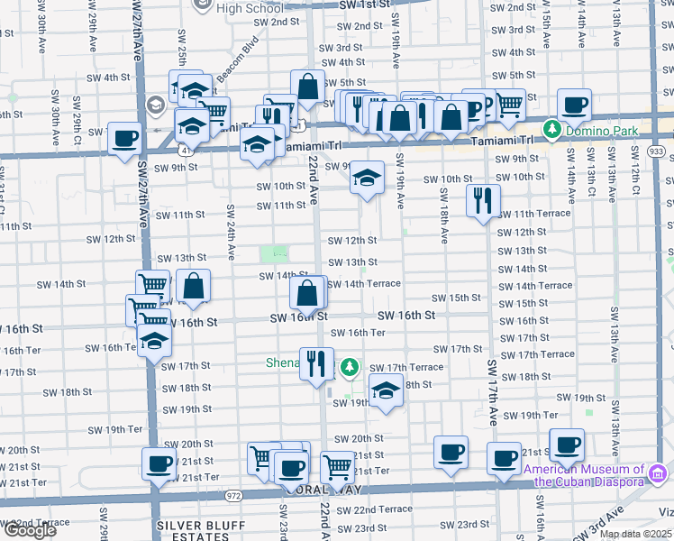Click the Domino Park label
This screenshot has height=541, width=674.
601,132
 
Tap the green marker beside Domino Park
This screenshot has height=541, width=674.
551,131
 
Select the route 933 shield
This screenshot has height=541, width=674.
655,151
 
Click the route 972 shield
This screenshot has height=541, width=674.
233,495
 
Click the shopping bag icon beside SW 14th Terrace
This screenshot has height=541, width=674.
307,292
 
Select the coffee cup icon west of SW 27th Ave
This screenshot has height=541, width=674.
125,138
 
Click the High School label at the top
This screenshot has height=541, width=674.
250,9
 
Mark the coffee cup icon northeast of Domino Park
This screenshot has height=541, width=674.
574,105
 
